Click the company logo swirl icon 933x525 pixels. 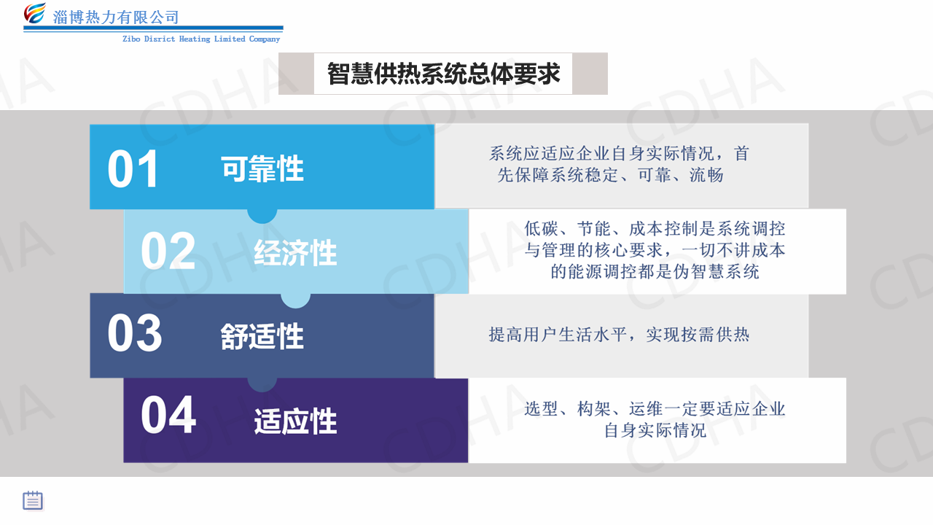[35, 13]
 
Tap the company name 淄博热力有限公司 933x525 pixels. [116, 17]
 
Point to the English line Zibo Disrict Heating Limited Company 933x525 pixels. [201, 39]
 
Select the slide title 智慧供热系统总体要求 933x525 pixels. [444, 74]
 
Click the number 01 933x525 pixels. [133, 168]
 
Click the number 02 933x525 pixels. [168, 251]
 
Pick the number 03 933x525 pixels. [135, 333]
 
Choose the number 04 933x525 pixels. [168, 415]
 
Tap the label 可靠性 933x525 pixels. [262, 168]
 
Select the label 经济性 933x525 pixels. [296, 252]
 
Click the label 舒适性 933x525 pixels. [262, 336]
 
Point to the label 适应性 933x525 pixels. [296, 421]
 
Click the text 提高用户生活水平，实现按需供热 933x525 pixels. [619, 335]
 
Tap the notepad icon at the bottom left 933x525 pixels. [33, 500]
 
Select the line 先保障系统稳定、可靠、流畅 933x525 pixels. [610, 175]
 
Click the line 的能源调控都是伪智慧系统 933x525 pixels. [655, 272]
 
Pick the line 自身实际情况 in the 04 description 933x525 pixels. [655, 430]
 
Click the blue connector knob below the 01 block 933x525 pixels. [262, 215]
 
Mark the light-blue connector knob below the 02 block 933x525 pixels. [296, 300]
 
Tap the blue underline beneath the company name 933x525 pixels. [153, 28]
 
